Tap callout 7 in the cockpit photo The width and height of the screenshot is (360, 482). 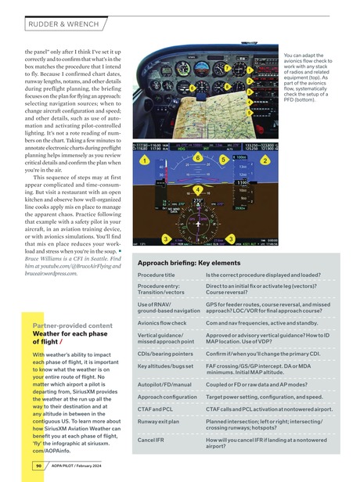[x=227, y=69]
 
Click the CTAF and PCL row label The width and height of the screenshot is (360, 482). [x=155, y=408]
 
